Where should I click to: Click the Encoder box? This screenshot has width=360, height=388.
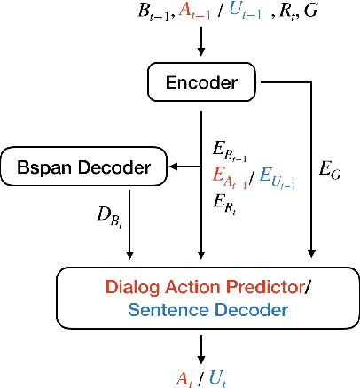202,83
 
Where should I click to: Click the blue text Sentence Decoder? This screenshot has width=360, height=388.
207,309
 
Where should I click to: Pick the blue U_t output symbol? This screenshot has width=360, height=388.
214,376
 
